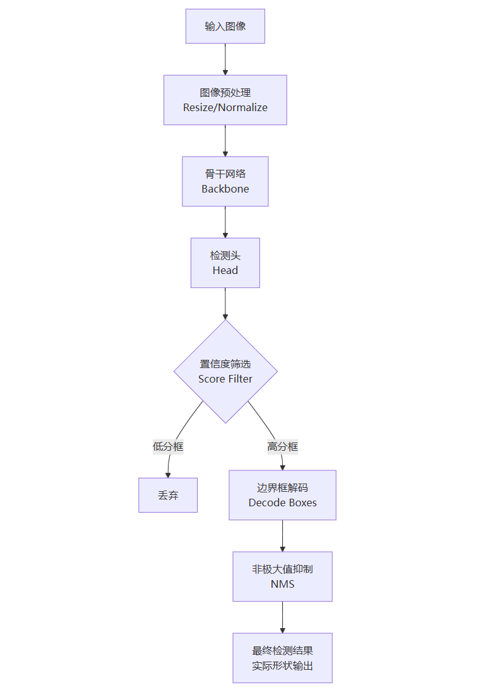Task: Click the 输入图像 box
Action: (225, 27)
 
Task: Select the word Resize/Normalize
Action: (225, 107)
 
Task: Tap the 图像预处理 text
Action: (225, 92)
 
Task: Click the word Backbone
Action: (225, 189)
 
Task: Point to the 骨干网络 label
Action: (225, 174)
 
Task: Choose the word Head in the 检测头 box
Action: (225, 270)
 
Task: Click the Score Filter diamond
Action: (225, 371)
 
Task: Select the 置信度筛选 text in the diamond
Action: (225, 364)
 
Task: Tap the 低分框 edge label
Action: (168, 447)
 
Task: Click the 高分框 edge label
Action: (282, 447)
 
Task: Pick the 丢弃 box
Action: (168, 495)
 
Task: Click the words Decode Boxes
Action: (282, 503)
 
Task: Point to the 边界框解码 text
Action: (282, 487)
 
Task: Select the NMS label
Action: (282, 584)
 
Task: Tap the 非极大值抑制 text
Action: (282, 569)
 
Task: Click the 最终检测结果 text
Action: (282, 650)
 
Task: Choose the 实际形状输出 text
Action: (282, 666)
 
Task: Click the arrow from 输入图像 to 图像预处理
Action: (225, 59)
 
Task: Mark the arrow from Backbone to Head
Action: (225, 222)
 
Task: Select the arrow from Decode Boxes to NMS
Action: (282, 536)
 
